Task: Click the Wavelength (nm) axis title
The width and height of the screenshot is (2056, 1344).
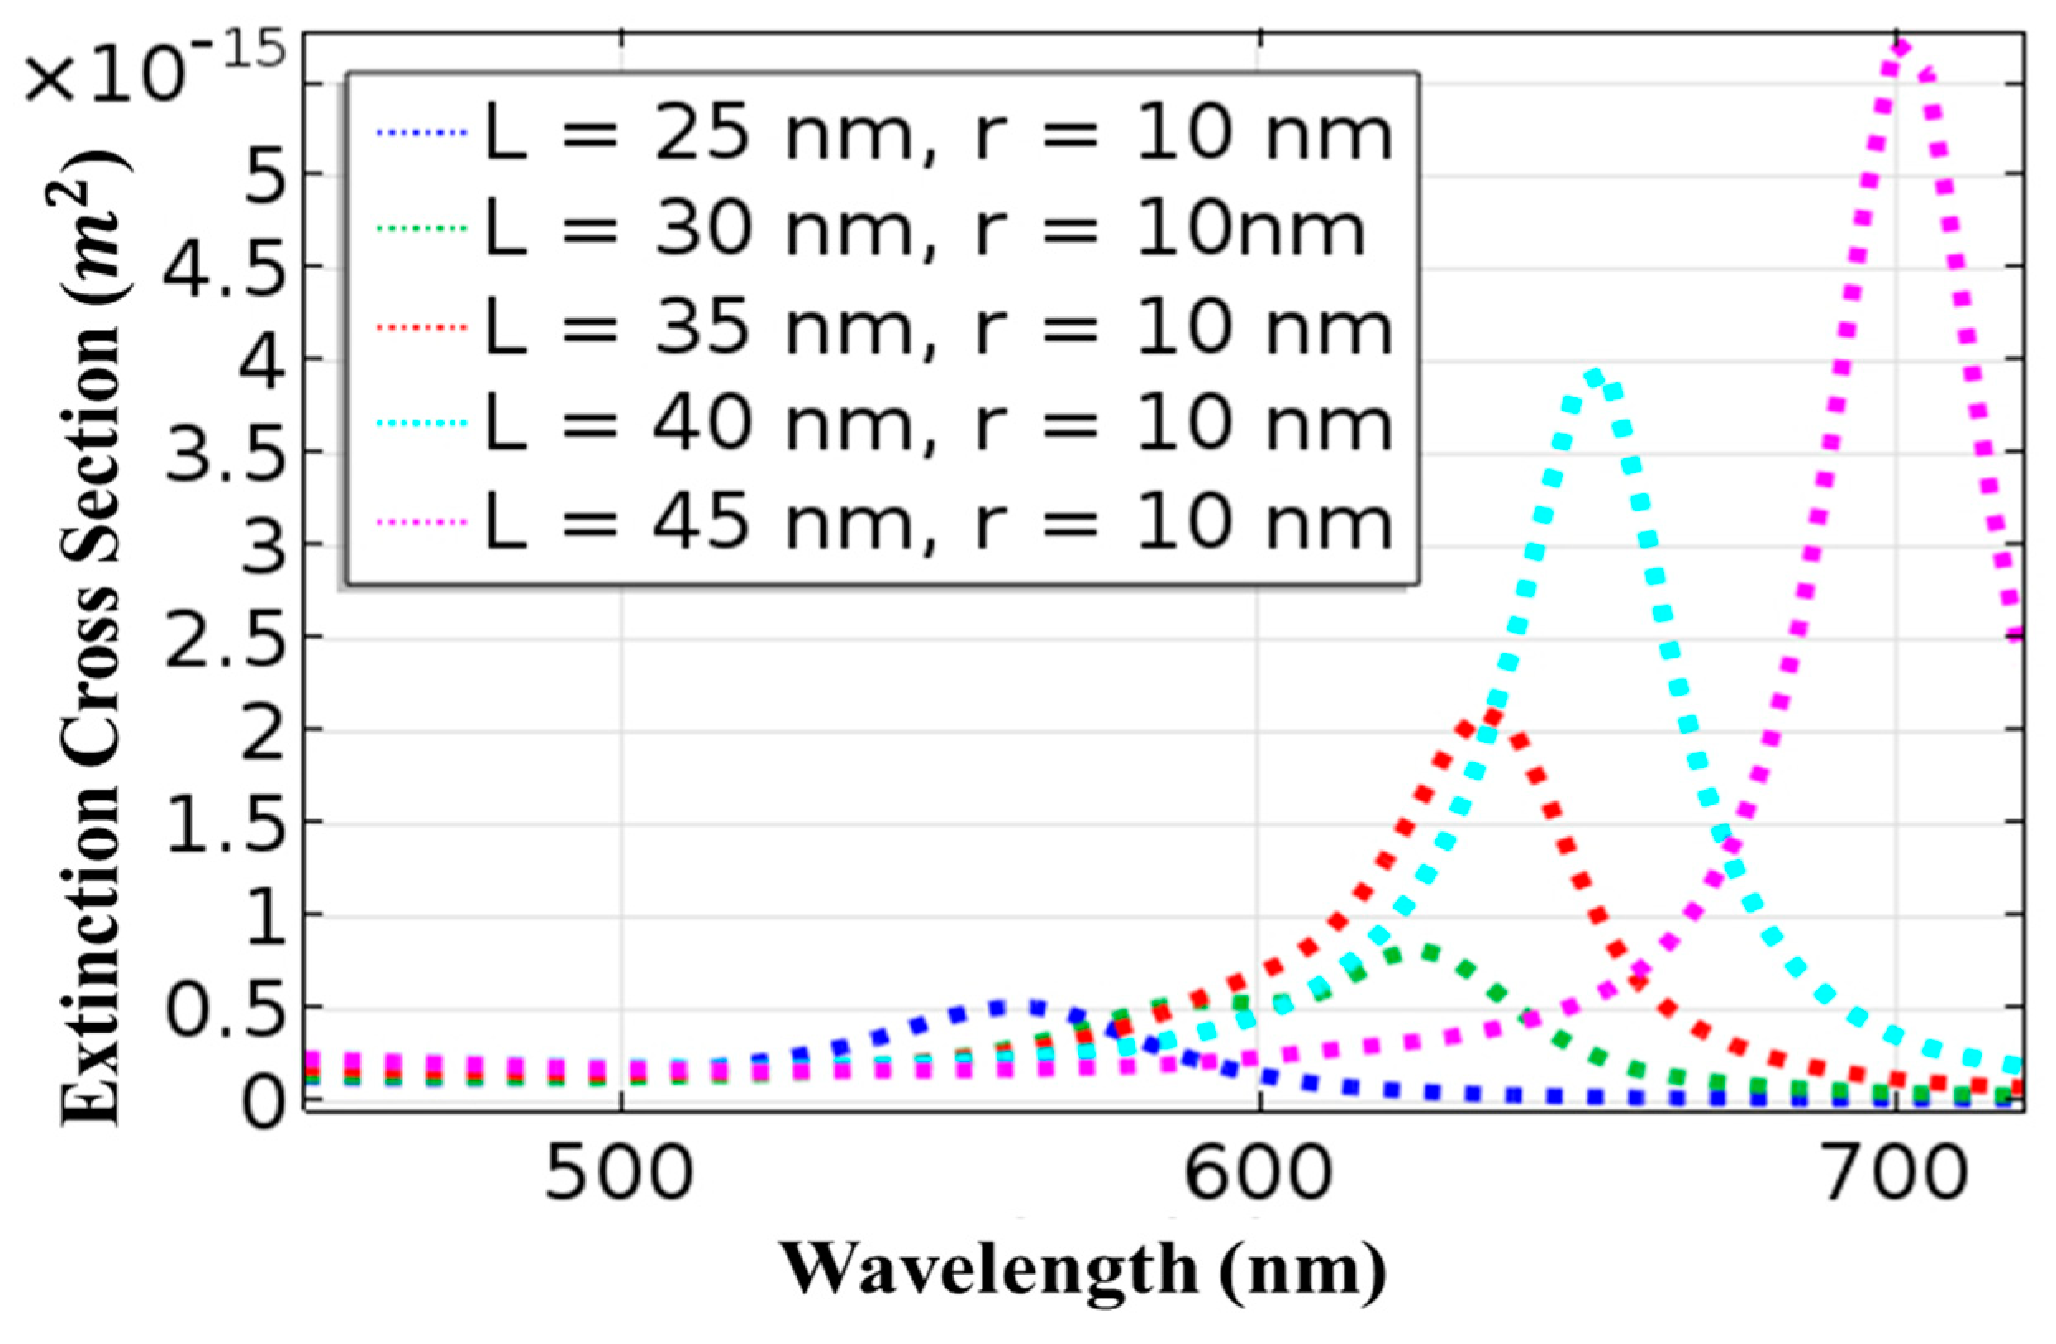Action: pyautogui.click(x=1084, y=1270)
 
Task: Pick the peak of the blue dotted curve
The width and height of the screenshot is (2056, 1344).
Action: pyautogui.click(x=1017, y=1007)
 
